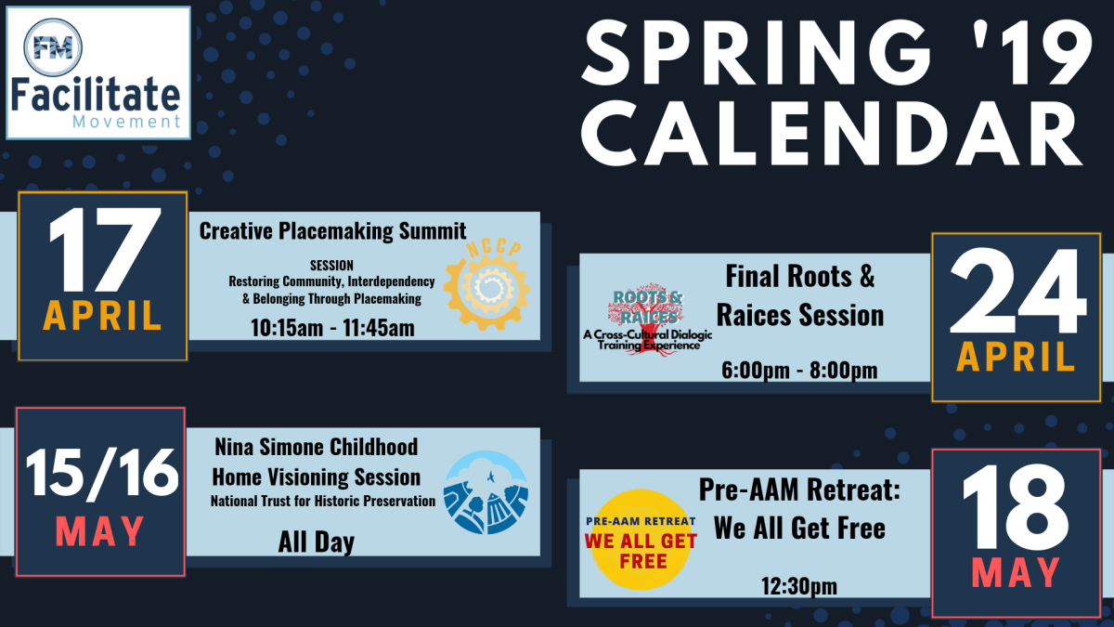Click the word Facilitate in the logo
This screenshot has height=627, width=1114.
[x=97, y=96]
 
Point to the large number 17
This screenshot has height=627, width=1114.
[x=101, y=254]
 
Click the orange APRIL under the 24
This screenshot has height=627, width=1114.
[x=1016, y=358]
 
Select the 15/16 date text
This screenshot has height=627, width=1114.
[x=101, y=476]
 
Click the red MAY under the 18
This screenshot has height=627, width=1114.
[x=1016, y=573]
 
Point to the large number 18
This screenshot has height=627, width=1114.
[x=1016, y=507]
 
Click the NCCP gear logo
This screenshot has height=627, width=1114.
[x=486, y=289]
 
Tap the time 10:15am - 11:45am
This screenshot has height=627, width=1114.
[x=332, y=328]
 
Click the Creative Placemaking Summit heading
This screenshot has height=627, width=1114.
[x=332, y=230]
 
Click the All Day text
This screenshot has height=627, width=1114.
[x=316, y=542]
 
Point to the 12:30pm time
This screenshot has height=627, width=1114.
[x=799, y=586]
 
